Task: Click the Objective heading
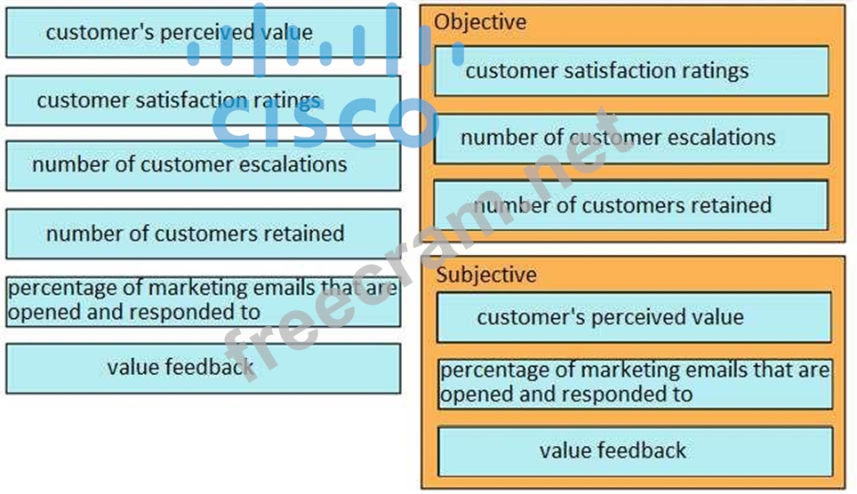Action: [x=480, y=22]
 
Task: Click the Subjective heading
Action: [x=486, y=275]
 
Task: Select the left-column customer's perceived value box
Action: [x=203, y=33]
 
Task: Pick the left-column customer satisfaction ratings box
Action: [x=203, y=100]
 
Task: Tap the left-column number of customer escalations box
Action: [x=203, y=165]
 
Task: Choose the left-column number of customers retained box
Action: [x=203, y=234]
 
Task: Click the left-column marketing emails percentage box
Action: [x=203, y=300]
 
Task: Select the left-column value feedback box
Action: [x=203, y=367]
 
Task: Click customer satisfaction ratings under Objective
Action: [x=631, y=71]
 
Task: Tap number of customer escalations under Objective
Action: [x=631, y=138]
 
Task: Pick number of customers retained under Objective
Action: [x=631, y=205]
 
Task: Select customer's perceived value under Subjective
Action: [x=633, y=317]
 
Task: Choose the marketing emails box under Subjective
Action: [x=635, y=383]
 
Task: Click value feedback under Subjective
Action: [x=635, y=450]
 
